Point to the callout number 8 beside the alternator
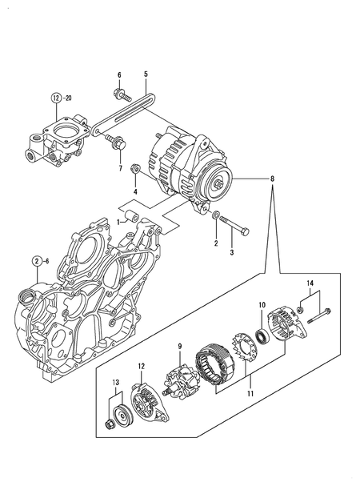[x=275, y=181]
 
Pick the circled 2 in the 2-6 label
[x=37, y=262]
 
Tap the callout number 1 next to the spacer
[x=117, y=218]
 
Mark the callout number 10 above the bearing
[x=261, y=305]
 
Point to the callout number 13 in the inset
[x=115, y=383]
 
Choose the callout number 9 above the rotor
[x=180, y=346]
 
